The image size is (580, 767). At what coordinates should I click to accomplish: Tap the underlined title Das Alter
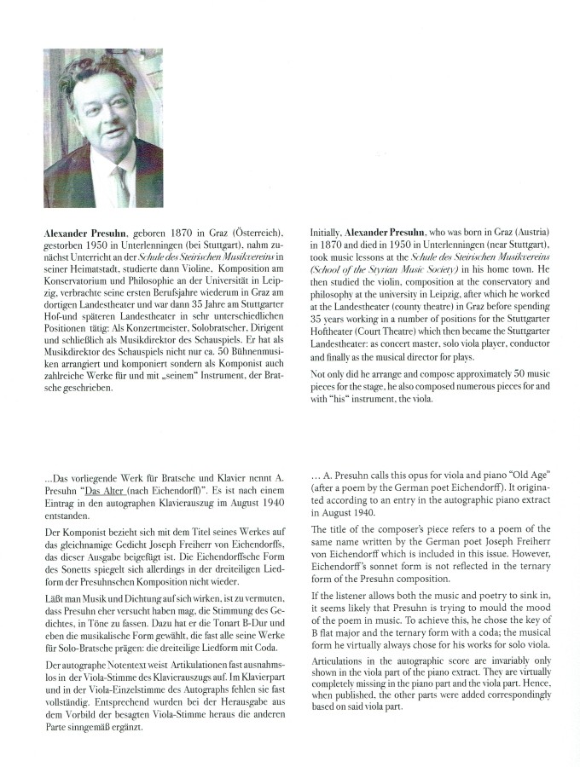tap(105, 492)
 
